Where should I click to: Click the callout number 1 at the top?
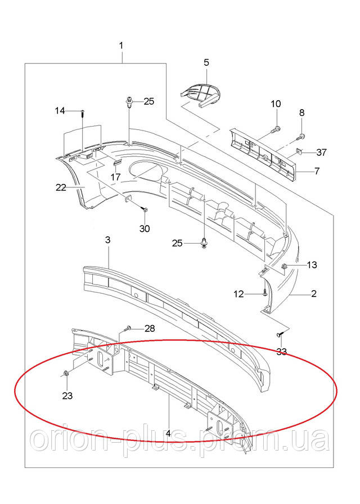pos(121,45)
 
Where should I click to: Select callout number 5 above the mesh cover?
pos(206,62)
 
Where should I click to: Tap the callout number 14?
pos(60,111)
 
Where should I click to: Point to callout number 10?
pos(276,103)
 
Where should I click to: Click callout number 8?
pos(301,112)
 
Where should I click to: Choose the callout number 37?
pos(321,152)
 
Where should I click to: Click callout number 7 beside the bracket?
pos(317,170)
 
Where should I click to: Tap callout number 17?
pos(115,177)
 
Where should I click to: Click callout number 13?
pos(312,264)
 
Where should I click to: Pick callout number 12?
pos(238,293)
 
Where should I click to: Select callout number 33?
pos(281,352)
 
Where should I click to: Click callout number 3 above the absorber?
pos(108,240)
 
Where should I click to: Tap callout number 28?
pos(149,328)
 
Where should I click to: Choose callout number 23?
pos(67,395)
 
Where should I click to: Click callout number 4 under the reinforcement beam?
pos(169,434)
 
